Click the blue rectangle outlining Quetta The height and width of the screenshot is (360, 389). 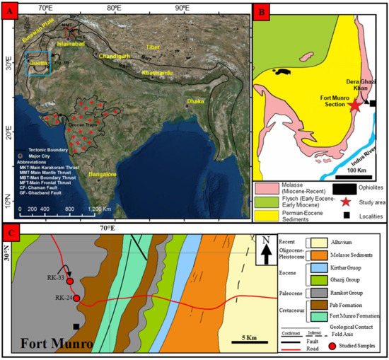pos(37,63)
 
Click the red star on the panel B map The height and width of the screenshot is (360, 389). pos(354,106)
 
